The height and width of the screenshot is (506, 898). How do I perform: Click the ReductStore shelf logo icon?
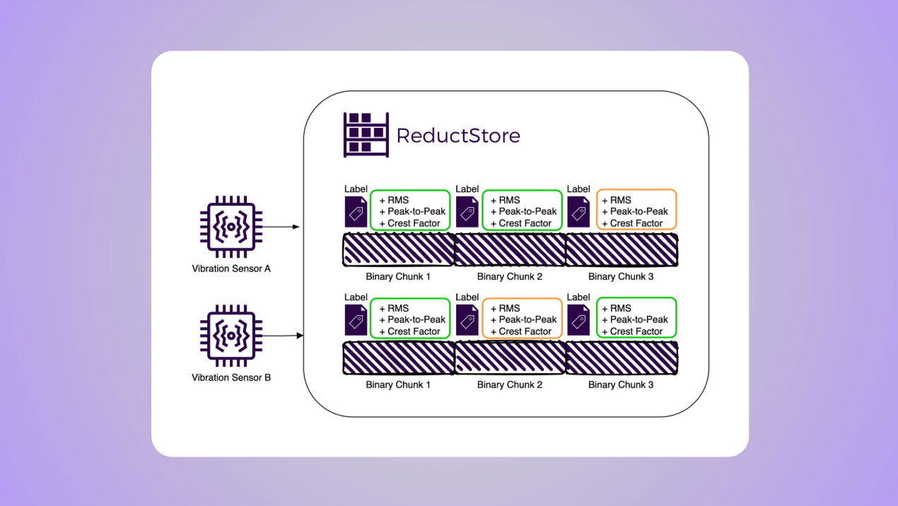coord(366,134)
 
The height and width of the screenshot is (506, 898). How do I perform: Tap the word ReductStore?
coord(458,136)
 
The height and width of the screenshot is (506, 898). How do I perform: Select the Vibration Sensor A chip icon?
coord(231,227)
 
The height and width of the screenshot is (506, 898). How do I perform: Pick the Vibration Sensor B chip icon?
coord(231,336)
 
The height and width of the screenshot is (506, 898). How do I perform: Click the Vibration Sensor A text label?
coord(231,269)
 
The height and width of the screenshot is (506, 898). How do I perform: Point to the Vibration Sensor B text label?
coord(231,377)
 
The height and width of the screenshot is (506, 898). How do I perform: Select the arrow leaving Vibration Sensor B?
coord(282,336)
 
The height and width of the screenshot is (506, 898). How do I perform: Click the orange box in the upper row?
coord(636,210)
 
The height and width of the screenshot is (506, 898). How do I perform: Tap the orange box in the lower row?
coord(522,318)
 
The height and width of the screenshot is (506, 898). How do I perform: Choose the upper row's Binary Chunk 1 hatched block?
coord(398,250)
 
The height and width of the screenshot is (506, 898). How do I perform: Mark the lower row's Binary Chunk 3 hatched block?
coord(622,358)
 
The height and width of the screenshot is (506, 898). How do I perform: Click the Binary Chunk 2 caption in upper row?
coord(510,276)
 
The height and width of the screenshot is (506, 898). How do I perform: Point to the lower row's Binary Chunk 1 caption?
coord(398,384)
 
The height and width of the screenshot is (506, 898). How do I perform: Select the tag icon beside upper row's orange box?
coord(578,212)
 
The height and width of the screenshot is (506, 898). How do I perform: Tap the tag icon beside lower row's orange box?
coord(467,320)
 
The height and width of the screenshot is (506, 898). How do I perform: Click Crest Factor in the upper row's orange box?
coord(636,223)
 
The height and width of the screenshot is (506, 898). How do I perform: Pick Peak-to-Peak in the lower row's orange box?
coord(527,319)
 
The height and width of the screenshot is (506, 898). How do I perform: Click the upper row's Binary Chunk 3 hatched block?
coord(622,250)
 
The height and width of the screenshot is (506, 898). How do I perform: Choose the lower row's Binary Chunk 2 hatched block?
coord(510,358)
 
